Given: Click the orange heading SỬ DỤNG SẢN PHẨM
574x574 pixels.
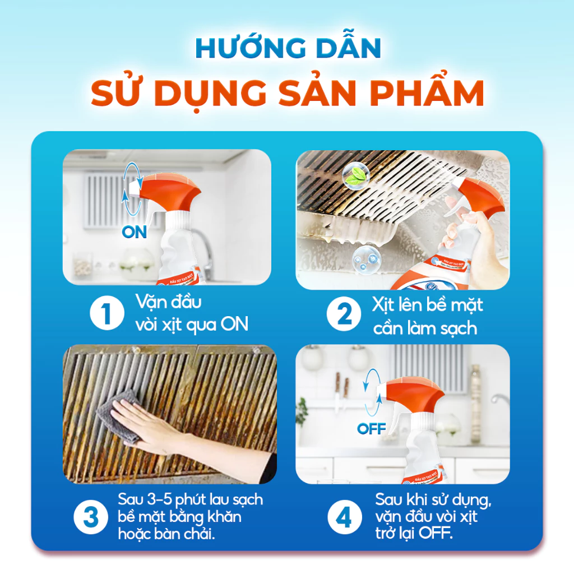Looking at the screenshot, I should [287, 94].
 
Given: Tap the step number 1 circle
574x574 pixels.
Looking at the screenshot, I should [106, 314].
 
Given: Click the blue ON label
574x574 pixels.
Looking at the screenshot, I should [135, 232].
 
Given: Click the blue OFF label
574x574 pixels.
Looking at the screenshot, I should [372, 429].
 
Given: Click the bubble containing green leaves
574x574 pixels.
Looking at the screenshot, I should [353, 175].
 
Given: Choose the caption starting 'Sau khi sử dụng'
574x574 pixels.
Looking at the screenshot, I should [434, 516].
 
